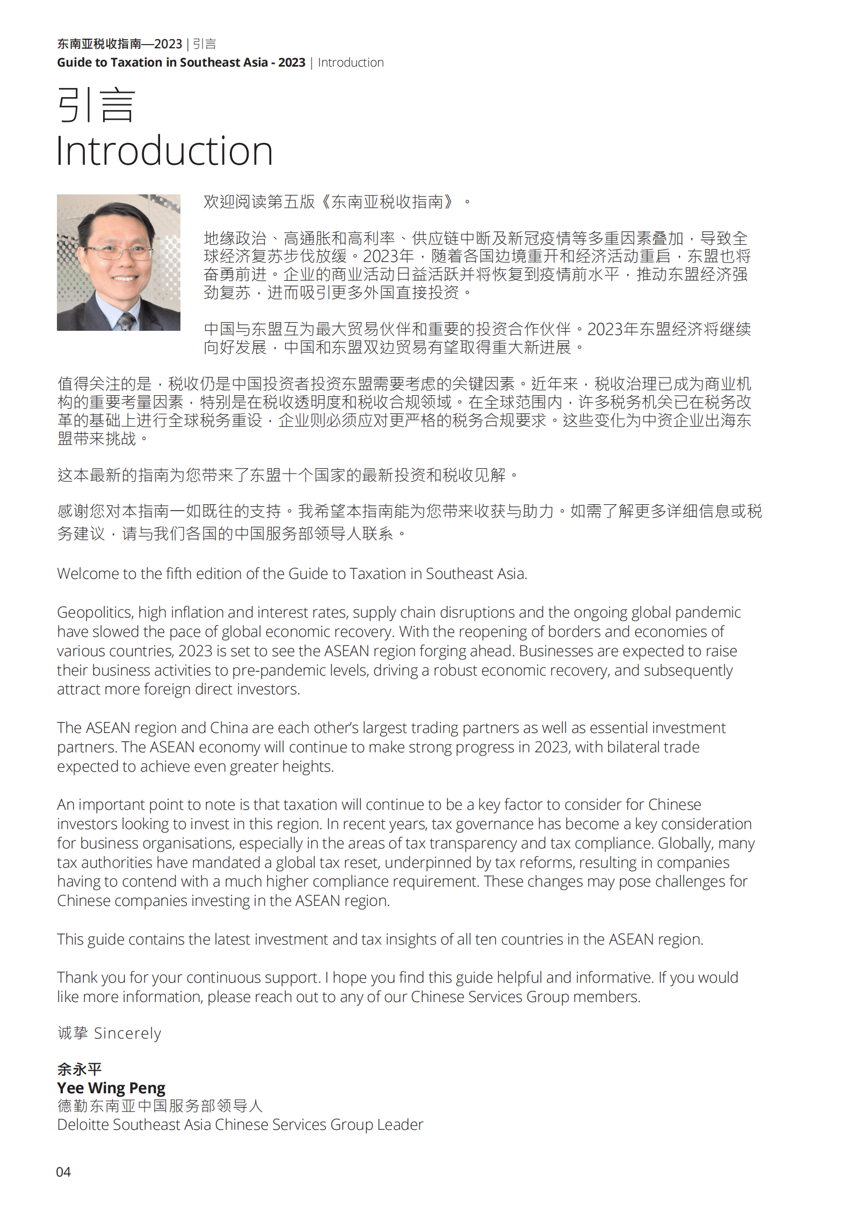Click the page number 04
coord(63,1172)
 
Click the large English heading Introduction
coord(164,151)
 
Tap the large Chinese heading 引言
coord(96,105)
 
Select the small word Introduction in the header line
coord(351,63)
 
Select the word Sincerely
coord(127,1033)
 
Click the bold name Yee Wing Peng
coord(111,1088)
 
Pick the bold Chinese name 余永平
coord(79,1069)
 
